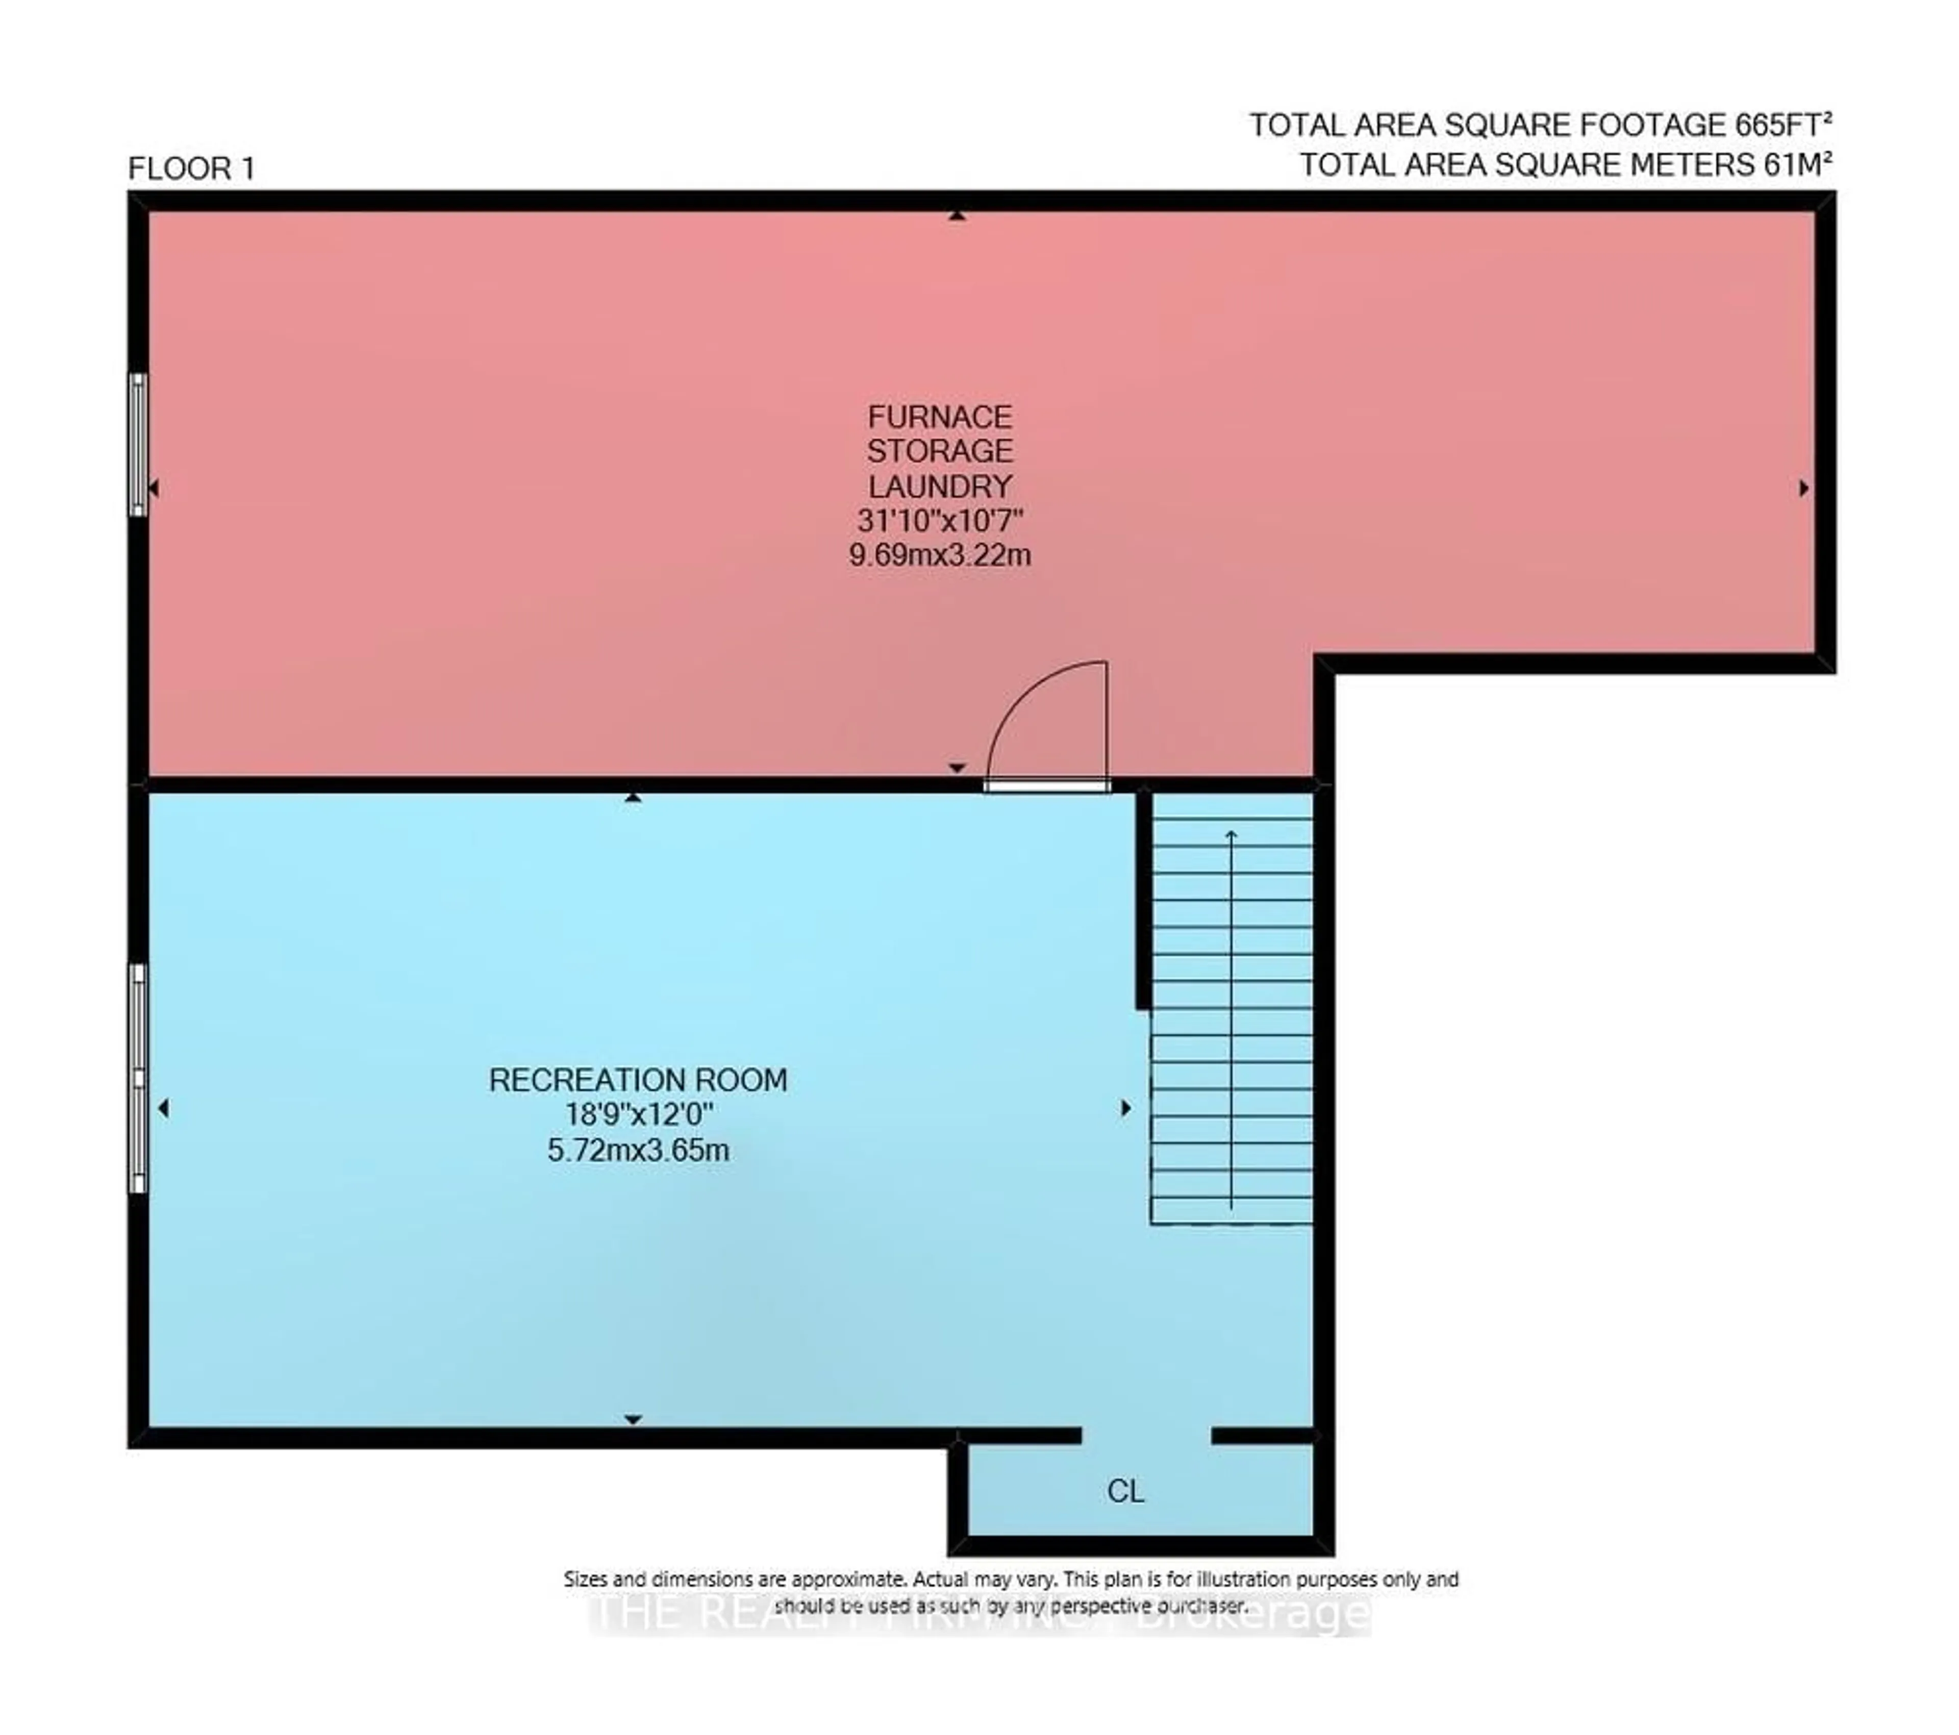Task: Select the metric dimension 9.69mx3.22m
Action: pyautogui.click(x=939, y=555)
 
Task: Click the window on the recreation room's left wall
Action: pyautogui.click(x=138, y=1078)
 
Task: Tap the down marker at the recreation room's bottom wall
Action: pyautogui.click(x=633, y=1419)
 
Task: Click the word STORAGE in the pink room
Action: pyautogui.click(x=939, y=451)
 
